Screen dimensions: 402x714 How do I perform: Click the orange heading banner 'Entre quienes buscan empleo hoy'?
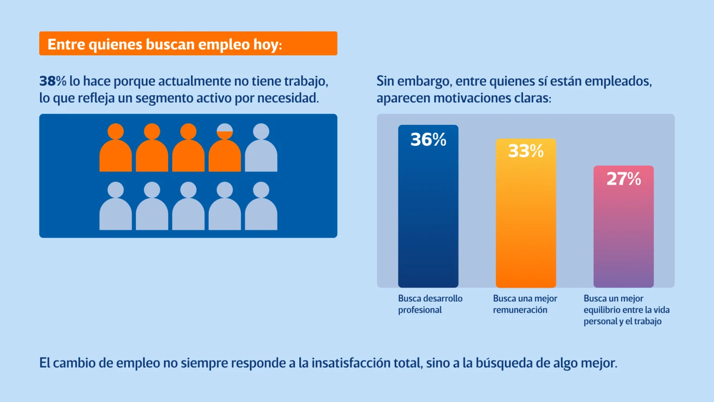tap(188, 44)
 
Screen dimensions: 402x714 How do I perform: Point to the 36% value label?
tap(428, 140)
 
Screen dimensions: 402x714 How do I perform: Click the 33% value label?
tap(526, 151)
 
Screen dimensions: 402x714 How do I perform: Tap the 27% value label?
tap(623, 179)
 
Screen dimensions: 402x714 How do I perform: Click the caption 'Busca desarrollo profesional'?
tap(430, 304)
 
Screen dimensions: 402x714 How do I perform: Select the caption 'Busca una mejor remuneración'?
tap(525, 304)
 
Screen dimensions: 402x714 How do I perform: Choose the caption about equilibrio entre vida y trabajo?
tap(626, 310)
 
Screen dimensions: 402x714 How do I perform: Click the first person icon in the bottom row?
tap(116, 207)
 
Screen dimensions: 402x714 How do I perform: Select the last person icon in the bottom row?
tap(261, 207)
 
